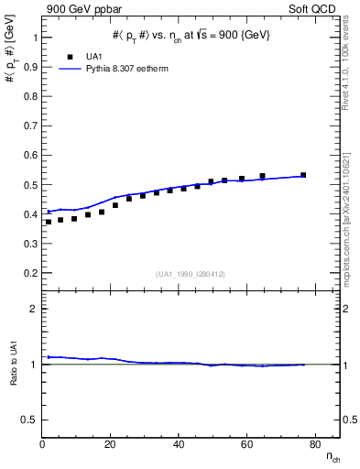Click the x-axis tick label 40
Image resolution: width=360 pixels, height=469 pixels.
tap(179, 444)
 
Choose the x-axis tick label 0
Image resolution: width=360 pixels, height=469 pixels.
tap(43, 444)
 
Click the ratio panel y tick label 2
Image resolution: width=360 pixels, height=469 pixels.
tap(34, 309)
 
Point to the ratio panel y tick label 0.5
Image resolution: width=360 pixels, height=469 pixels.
tap(29, 420)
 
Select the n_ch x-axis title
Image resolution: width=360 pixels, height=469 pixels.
tap(331, 457)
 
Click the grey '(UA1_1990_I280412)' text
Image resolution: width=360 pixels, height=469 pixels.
tap(191, 275)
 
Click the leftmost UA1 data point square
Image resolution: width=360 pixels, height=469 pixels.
tap(49, 222)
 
